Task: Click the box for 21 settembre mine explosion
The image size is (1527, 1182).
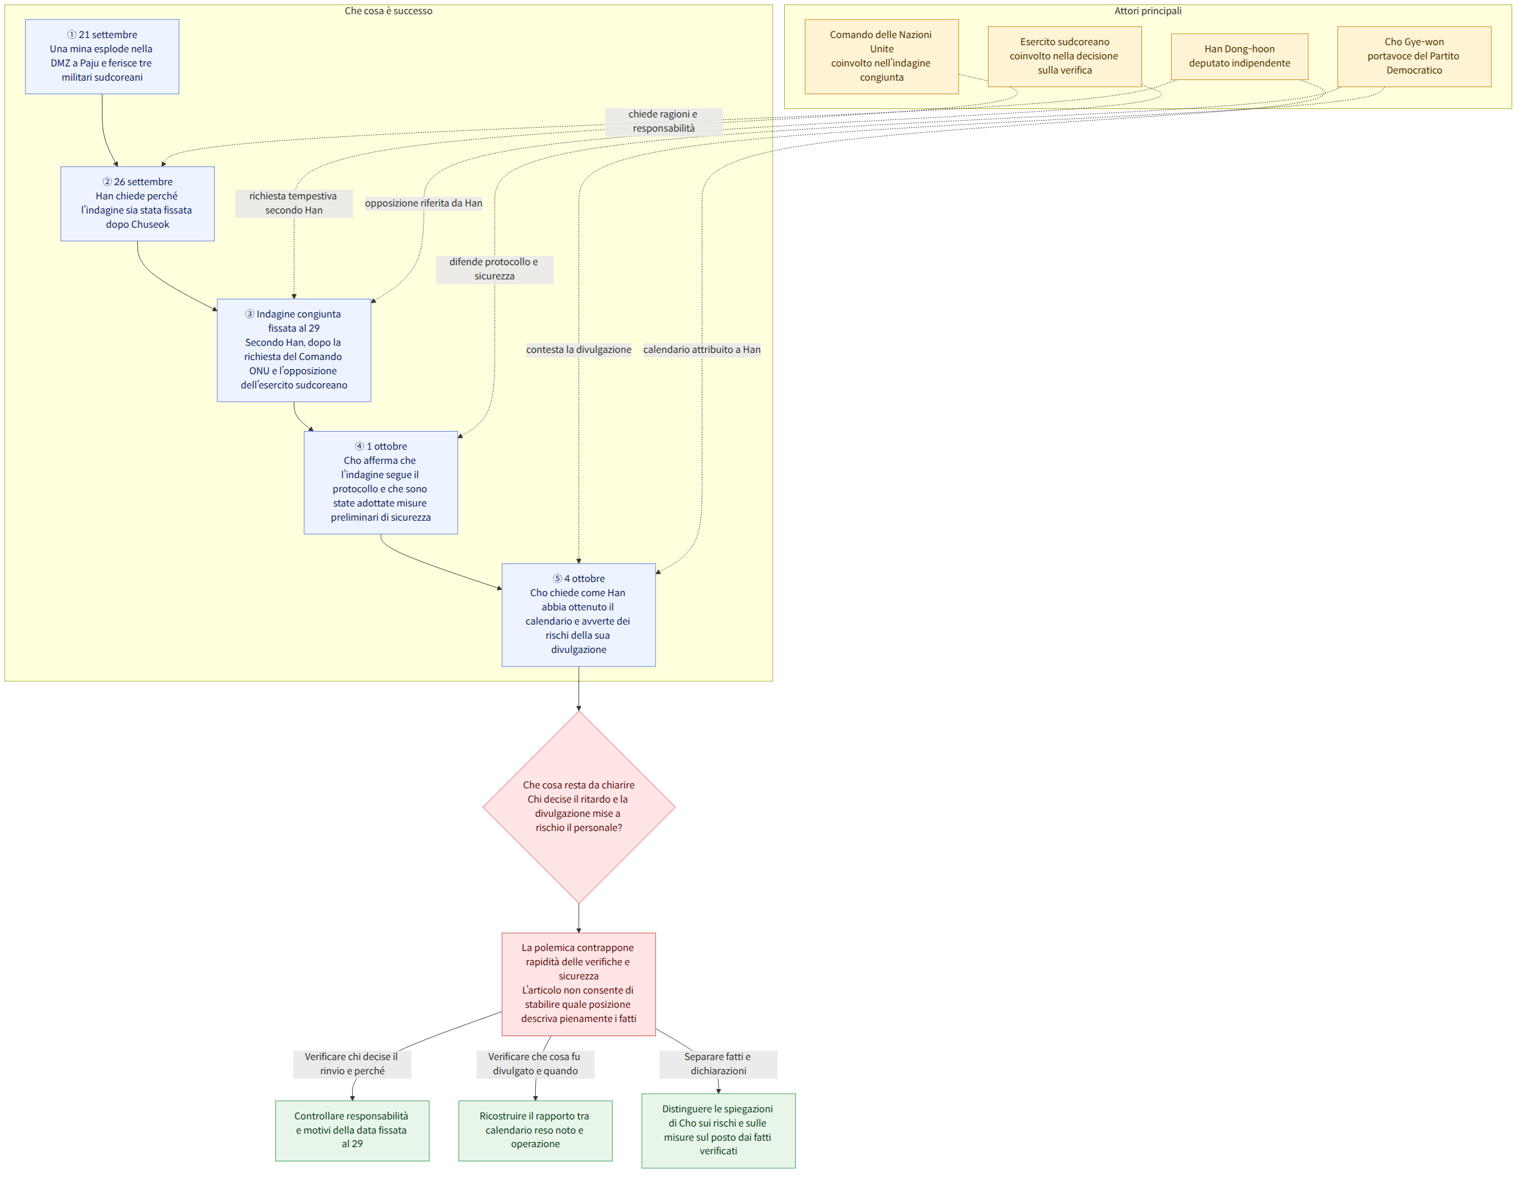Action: click(102, 57)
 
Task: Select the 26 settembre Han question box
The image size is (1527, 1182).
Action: click(138, 203)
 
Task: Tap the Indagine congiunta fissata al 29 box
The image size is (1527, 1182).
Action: click(293, 350)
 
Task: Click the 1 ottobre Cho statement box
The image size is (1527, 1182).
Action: click(381, 483)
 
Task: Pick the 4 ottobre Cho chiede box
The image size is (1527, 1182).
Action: click(579, 615)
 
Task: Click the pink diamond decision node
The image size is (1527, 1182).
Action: click(579, 806)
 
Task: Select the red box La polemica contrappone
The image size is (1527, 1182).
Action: click(579, 984)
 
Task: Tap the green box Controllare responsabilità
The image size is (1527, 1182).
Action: click(352, 1130)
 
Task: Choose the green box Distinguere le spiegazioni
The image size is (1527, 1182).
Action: click(719, 1130)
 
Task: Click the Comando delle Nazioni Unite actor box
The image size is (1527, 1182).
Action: click(882, 57)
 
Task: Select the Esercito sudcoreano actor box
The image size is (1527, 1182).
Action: click(1065, 57)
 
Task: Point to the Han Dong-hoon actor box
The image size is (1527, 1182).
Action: click(1239, 57)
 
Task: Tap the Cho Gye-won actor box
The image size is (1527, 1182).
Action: click(1414, 57)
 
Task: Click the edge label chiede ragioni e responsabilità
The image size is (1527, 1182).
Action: click(664, 122)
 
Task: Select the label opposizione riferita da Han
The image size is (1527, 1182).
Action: click(424, 203)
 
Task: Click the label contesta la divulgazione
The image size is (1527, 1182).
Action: click(579, 350)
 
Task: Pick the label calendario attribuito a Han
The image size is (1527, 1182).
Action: click(702, 350)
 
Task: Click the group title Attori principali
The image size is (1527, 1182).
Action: click(1148, 11)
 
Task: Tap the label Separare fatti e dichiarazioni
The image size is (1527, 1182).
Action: click(718, 1064)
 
